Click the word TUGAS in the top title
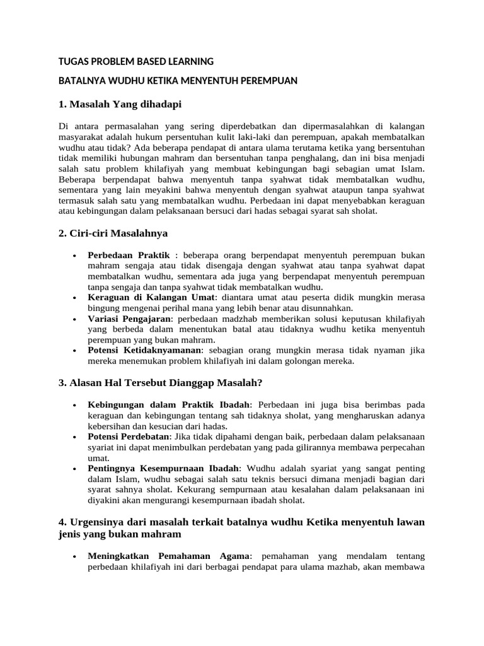(x=72, y=62)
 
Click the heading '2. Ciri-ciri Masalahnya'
(x=113, y=233)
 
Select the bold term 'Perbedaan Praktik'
(x=129, y=255)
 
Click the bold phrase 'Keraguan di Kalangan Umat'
(x=152, y=297)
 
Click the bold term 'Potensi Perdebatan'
(x=129, y=437)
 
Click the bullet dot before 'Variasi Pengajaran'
(x=75, y=319)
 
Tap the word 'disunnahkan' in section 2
(x=326, y=308)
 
